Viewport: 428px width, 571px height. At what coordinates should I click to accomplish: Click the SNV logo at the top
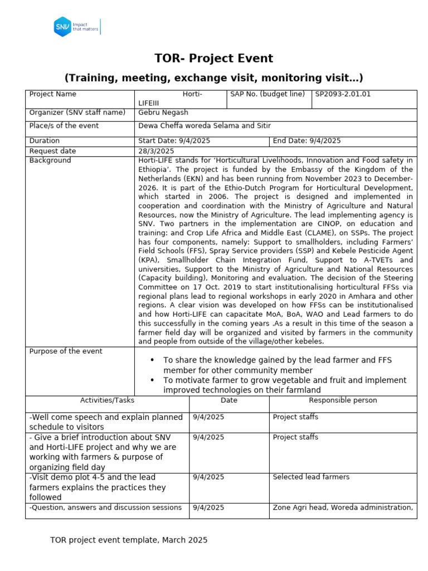(x=77, y=26)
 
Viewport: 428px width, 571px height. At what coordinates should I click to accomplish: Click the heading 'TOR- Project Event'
(x=213, y=59)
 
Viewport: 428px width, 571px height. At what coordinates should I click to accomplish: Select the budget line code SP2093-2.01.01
(x=343, y=94)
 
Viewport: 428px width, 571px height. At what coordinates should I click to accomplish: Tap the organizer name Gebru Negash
(x=163, y=113)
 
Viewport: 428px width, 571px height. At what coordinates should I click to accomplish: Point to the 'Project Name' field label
(x=52, y=94)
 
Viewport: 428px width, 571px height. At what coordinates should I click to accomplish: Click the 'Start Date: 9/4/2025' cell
(x=174, y=141)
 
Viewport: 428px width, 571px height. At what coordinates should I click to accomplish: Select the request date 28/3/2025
(x=156, y=151)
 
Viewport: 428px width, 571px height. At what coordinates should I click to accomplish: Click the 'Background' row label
(x=50, y=161)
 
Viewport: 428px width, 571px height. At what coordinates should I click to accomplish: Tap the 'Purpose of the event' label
(x=66, y=351)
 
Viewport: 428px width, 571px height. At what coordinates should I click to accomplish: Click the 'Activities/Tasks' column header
(x=107, y=400)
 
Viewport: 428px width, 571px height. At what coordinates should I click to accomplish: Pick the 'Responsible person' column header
(x=343, y=400)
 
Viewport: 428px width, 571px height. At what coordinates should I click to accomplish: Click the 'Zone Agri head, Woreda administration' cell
(x=342, y=507)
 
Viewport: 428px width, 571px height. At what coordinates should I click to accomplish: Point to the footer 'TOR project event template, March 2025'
(x=129, y=540)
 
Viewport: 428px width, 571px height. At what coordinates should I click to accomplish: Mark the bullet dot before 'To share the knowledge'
(x=153, y=360)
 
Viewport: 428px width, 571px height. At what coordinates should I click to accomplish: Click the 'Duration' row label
(x=44, y=141)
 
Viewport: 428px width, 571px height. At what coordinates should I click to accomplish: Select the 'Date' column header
(x=228, y=400)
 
